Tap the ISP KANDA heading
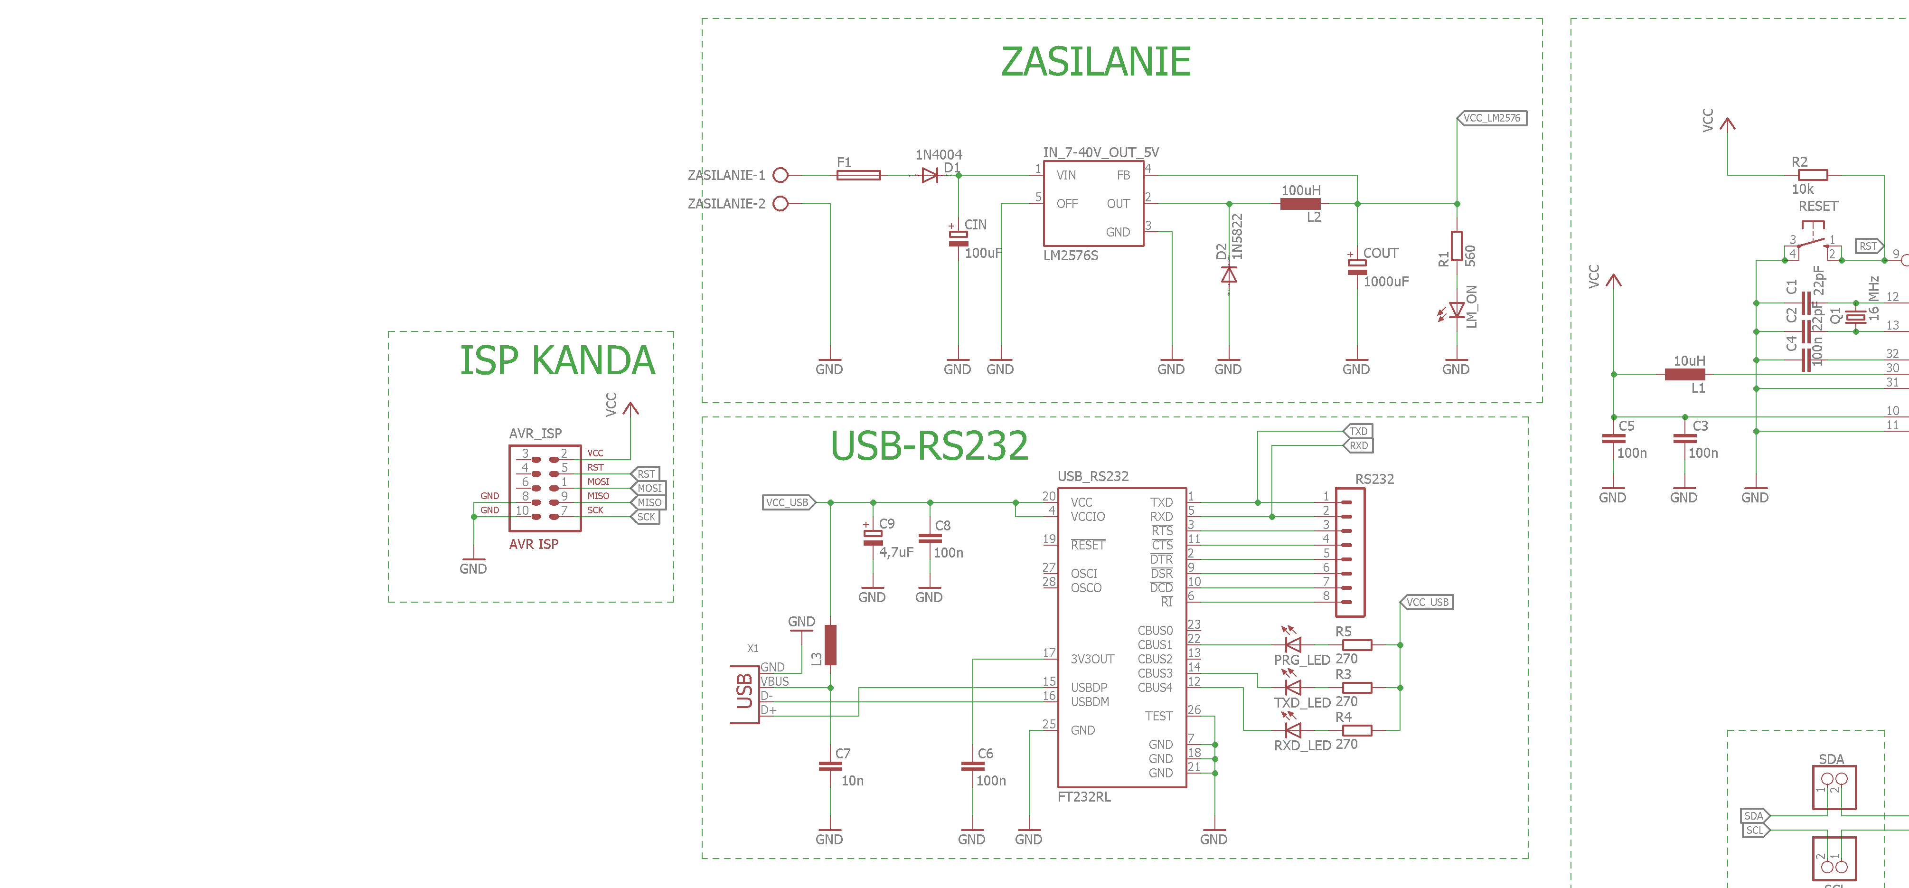pyautogui.click(x=557, y=360)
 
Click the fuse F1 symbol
pyautogui.click(x=858, y=175)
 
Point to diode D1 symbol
pyautogui.click(x=930, y=175)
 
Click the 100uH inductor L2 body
pyautogui.click(x=1300, y=204)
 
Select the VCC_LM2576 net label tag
pyautogui.click(x=1492, y=118)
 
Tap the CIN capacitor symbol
pyautogui.click(x=958, y=238)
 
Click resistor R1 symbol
pyautogui.click(x=1456, y=246)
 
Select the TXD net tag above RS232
pyautogui.click(x=1358, y=431)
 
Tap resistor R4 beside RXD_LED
pyautogui.click(x=1357, y=731)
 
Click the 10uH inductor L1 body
pyautogui.click(x=1684, y=374)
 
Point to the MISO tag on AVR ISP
pyautogui.click(x=649, y=502)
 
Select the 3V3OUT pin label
pyautogui.click(x=1092, y=659)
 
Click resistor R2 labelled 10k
pyautogui.click(x=1813, y=175)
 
